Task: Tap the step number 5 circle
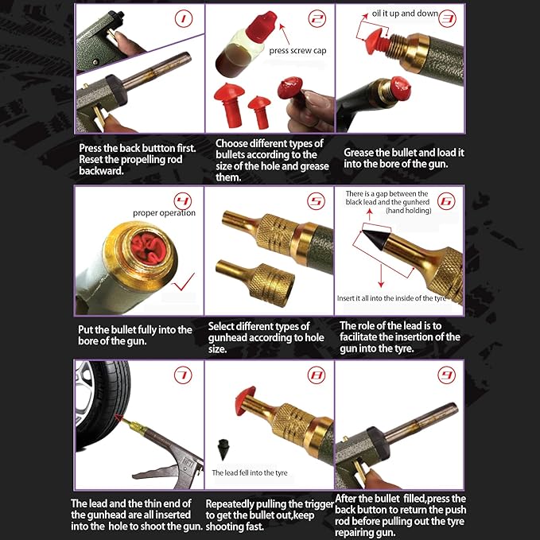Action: tap(316, 201)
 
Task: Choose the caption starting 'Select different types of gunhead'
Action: tap(265, 336)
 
